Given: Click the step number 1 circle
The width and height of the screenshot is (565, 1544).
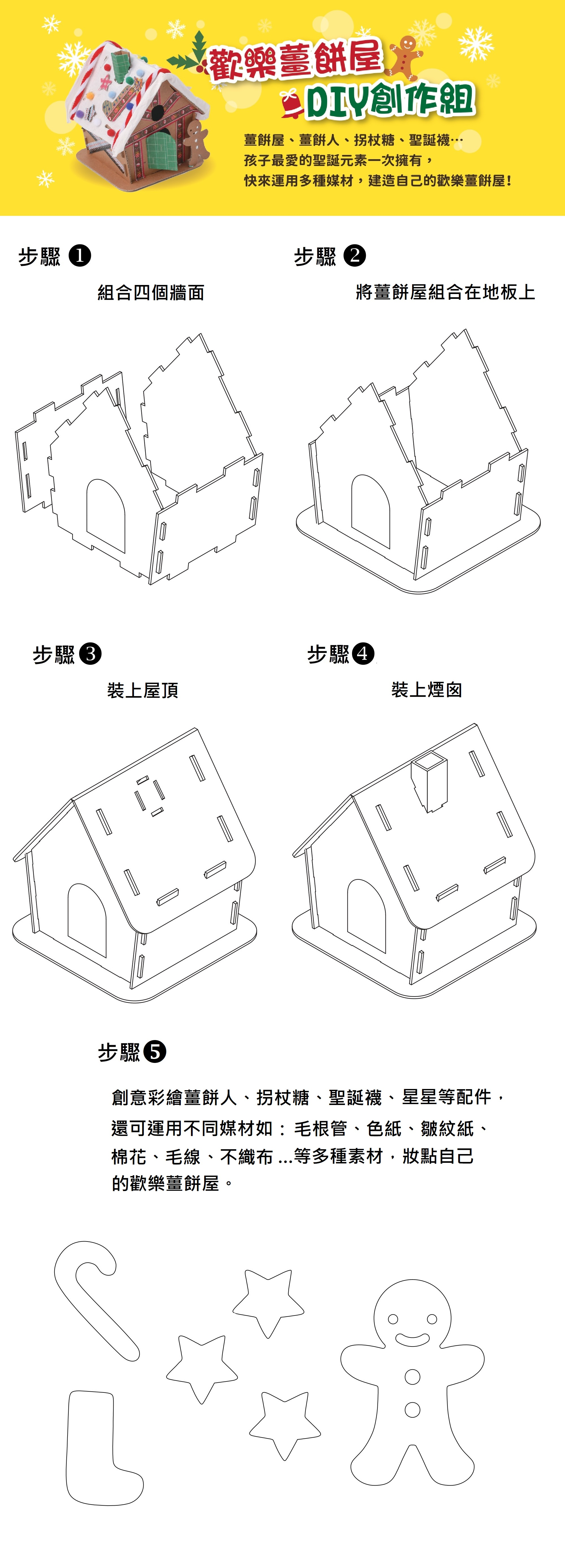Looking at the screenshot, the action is point(80,256).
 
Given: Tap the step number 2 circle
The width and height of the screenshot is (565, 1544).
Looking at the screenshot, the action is point(355,256).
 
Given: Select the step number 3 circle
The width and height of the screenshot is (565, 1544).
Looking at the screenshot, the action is point(91,653).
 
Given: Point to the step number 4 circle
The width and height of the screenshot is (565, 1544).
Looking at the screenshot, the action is point(363,653).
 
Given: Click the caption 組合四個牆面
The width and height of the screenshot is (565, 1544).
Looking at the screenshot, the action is point(151,293).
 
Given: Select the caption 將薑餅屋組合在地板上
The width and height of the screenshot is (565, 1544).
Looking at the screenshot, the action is point(445,293).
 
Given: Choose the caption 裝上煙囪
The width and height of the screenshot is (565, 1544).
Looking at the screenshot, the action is point(427,690).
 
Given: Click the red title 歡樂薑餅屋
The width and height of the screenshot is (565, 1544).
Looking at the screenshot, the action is point(295,60).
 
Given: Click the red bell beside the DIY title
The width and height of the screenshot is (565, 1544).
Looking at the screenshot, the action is point(292,103).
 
